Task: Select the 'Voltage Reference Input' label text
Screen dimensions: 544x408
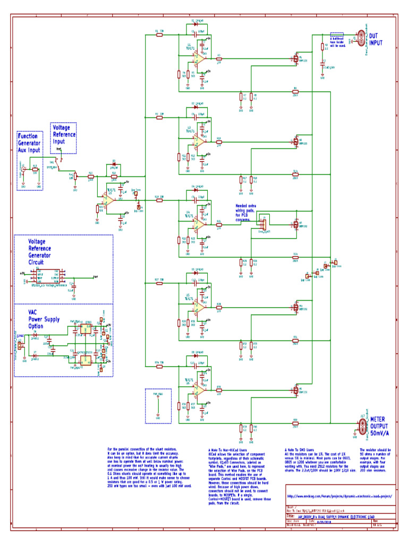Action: coord(64,135)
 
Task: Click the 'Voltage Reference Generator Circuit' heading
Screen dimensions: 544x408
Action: coord(44,251)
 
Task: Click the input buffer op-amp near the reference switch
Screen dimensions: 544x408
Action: coord(109,198)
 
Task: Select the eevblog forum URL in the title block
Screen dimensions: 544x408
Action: coord(339,496)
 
